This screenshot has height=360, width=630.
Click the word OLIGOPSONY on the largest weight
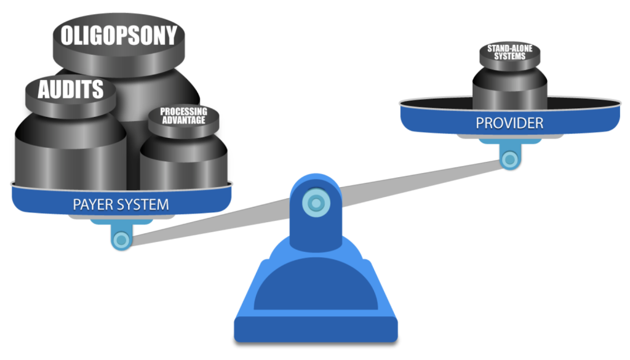(x=119, y=35)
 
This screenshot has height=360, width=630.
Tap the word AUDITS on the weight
(x=71, y=89)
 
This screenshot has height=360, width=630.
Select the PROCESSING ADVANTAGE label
(x=183, y=116)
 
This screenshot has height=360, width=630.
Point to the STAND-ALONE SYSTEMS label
(x=510, y=52)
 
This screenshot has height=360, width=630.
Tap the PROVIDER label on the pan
(x=509, y=123)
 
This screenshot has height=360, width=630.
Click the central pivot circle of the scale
(x=316, y=203)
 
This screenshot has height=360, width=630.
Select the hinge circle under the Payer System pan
(x=121, y=240)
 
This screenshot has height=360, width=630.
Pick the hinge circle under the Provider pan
(x=510, y=159)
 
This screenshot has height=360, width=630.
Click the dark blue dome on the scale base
(x=316, y=285)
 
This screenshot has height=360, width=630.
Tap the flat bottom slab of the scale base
(x=316, y=329)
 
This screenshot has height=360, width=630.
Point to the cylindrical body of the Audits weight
(x=71, y=153)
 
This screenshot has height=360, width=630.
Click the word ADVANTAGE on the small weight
(x=183, y=120)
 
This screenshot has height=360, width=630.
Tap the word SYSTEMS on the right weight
(x=510, y=57)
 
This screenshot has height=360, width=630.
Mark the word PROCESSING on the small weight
(x=183, y=111)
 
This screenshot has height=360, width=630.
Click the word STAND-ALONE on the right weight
(x=510, y=48)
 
